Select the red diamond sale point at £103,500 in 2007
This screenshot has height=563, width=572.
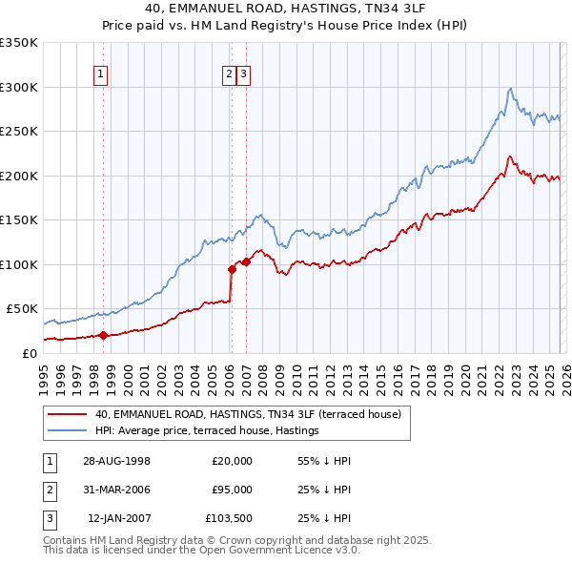[x=246, y=261]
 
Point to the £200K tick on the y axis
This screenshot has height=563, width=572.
[x=19, y=176]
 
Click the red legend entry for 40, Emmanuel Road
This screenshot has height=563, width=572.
[x=248, y=414]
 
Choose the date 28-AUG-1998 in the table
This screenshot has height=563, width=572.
[x=117, y=460]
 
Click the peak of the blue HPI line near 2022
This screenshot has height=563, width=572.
[x=511, y=89]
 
